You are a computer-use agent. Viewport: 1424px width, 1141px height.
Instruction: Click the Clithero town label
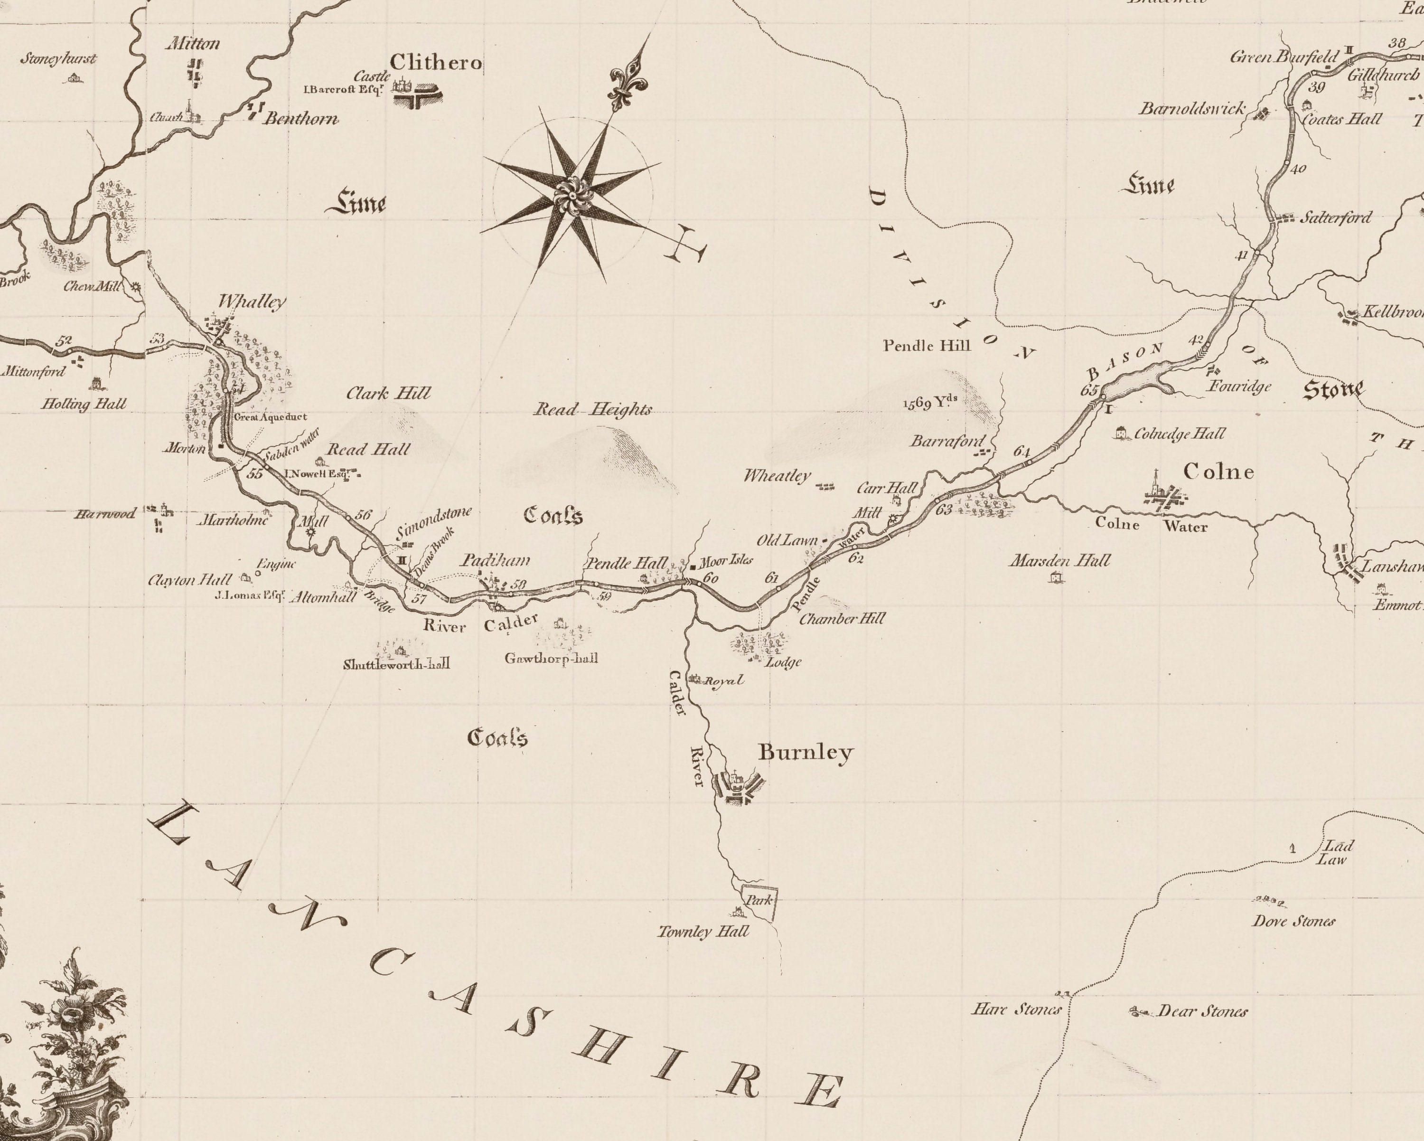(435, 63)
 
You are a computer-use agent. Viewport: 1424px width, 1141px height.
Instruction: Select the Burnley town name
(805, 752)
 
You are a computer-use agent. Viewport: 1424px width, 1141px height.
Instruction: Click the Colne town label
(1218, 471)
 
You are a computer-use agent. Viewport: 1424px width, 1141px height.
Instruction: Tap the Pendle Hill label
(927, 346)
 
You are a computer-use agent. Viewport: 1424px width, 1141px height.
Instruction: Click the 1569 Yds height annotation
(930, 402)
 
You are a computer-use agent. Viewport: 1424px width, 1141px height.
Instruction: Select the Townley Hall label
(703, 932)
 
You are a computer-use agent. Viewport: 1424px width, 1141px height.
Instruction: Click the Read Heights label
(592, 410)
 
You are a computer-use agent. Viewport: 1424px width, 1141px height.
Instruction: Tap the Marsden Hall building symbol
(1056, 577)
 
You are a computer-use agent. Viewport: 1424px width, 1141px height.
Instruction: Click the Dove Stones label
(1293, 921)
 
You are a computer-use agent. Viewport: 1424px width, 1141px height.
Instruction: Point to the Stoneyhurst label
(58, 59)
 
